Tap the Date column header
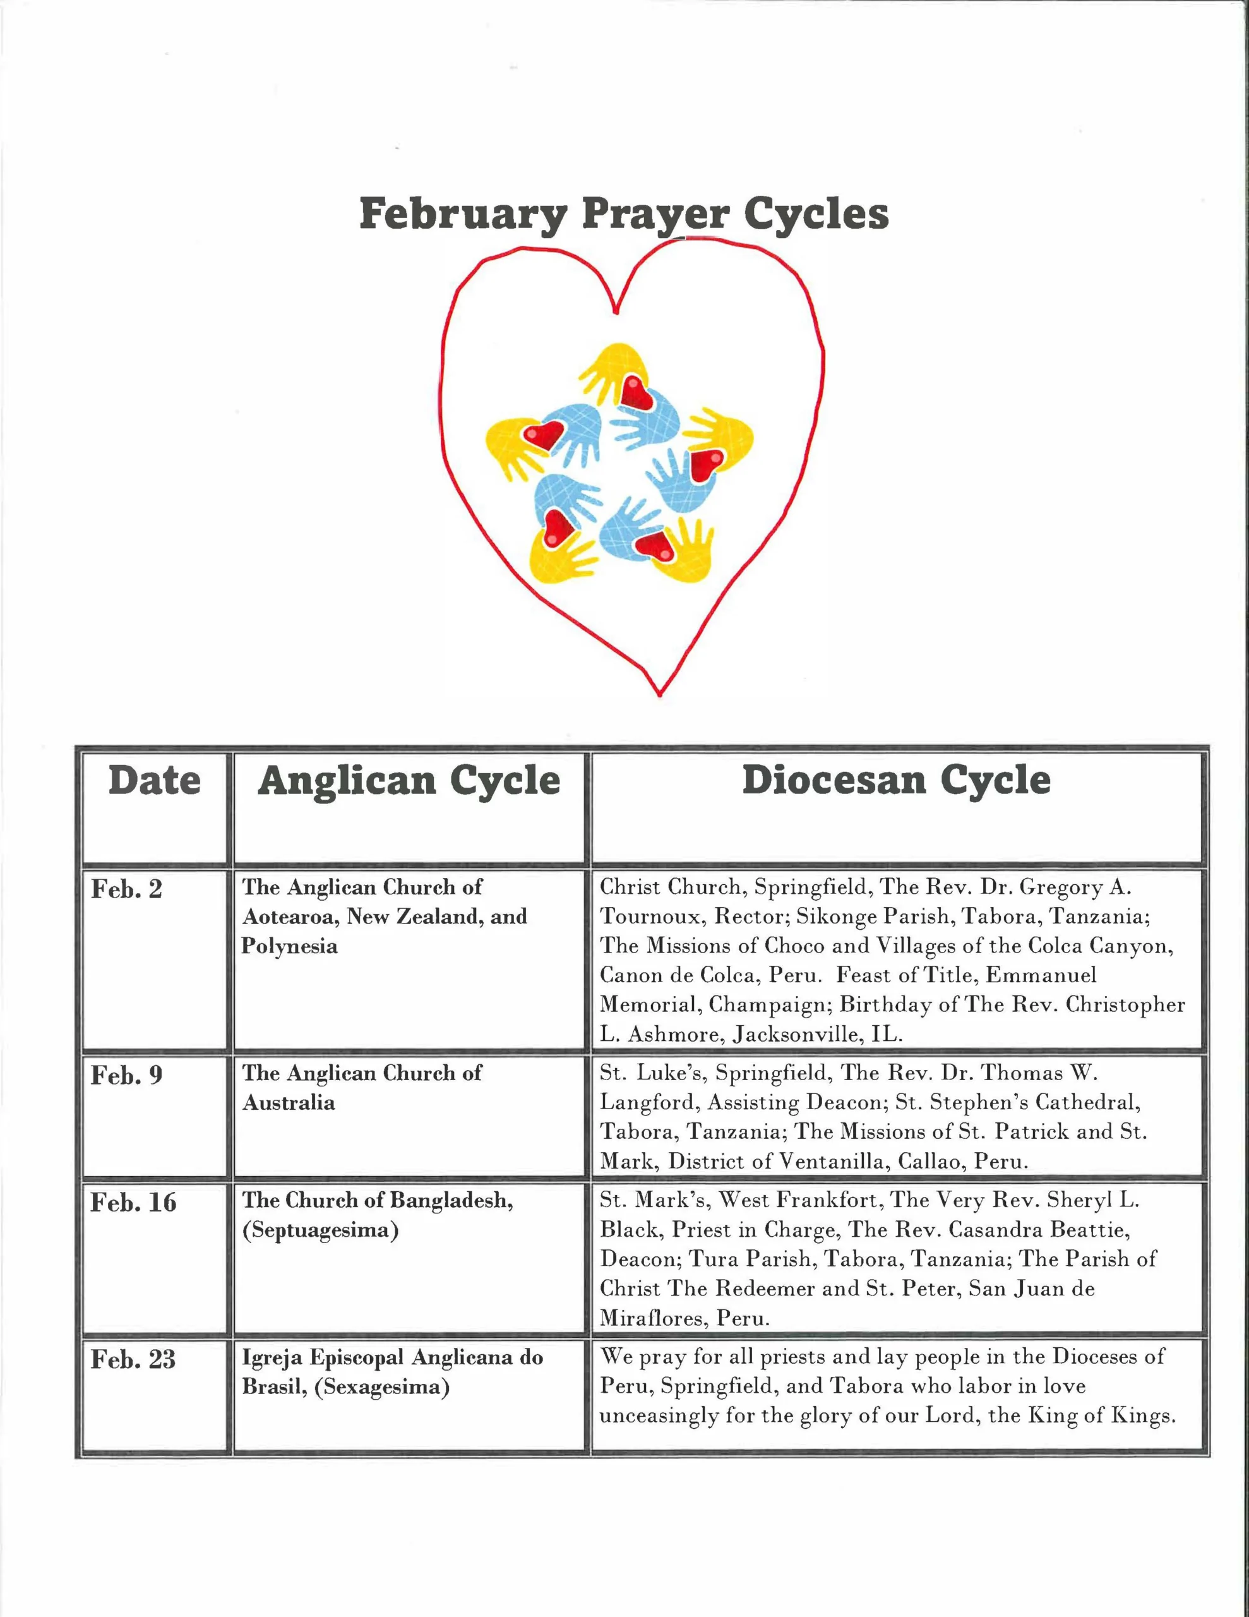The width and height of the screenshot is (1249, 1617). [154, 781]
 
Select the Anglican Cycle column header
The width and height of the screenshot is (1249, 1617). [409, 781]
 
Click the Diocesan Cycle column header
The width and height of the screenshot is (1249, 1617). [896, 781]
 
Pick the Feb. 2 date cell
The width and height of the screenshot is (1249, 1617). [126, 889]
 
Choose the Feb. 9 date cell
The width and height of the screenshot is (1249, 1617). [126, 1075]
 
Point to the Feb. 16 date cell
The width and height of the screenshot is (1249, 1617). [133, 1203]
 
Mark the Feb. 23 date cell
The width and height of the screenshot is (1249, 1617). [133, 1359]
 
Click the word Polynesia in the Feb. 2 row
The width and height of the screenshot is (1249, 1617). [289, 947]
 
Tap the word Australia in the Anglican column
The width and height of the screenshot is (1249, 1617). [289, 1103]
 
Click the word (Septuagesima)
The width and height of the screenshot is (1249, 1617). [321, 1230]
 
